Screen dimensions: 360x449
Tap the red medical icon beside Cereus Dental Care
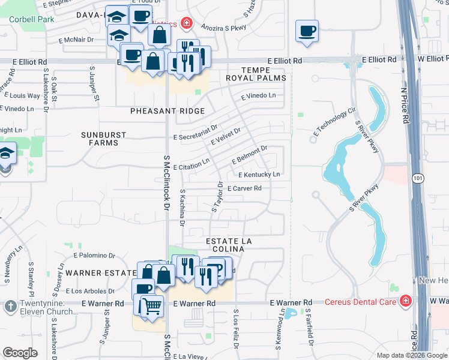pos(407,300)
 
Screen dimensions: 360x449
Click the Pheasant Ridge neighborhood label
pos(167,111)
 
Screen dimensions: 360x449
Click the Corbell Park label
pos(31,19)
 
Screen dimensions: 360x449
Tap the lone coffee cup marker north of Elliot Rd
pos(307,31)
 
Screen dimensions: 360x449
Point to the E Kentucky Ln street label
pos(259,175)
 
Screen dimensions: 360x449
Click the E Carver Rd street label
pos(244,188)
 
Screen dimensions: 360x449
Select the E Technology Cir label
pos(334,123)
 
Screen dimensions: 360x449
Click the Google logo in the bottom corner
pos(20,353)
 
